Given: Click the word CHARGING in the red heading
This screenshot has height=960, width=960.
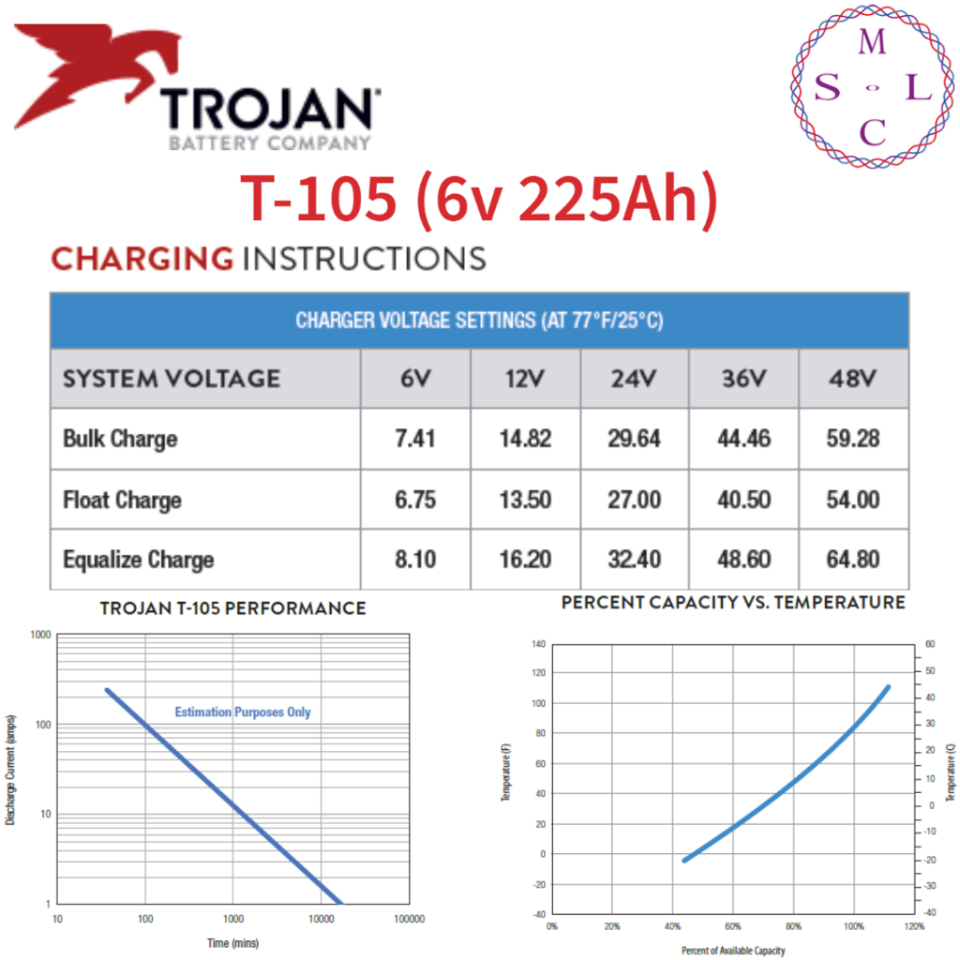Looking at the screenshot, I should [142, 258].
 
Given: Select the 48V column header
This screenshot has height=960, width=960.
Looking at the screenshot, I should [853, 379].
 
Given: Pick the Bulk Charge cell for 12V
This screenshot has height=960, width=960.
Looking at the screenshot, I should [525, 439].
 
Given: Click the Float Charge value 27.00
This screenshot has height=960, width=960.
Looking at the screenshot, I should [634, 500].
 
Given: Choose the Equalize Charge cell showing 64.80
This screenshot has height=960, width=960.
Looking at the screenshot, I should [853, 560].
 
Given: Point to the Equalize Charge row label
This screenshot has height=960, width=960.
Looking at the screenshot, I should [138, 561].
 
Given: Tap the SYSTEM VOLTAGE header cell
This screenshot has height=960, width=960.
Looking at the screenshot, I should [171, 379].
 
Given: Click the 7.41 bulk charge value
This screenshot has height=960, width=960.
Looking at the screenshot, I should [414, 439].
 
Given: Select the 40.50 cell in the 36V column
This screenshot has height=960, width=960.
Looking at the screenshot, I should [743, 500].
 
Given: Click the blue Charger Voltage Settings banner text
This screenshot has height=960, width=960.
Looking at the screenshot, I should [479, 321].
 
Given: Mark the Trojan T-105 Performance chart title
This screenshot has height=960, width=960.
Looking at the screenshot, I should [232, 609].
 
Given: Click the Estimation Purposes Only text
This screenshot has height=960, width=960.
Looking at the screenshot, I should [243, 712].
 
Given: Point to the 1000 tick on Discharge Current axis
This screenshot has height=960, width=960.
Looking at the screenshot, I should [39, 635].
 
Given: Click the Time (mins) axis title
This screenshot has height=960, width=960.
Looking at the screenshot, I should [232, 942].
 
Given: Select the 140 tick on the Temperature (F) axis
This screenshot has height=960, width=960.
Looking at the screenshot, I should [537, 645].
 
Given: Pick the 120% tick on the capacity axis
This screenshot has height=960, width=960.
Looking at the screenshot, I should [914, 927].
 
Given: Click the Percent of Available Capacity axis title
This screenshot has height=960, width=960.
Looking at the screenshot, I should [732, 951].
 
